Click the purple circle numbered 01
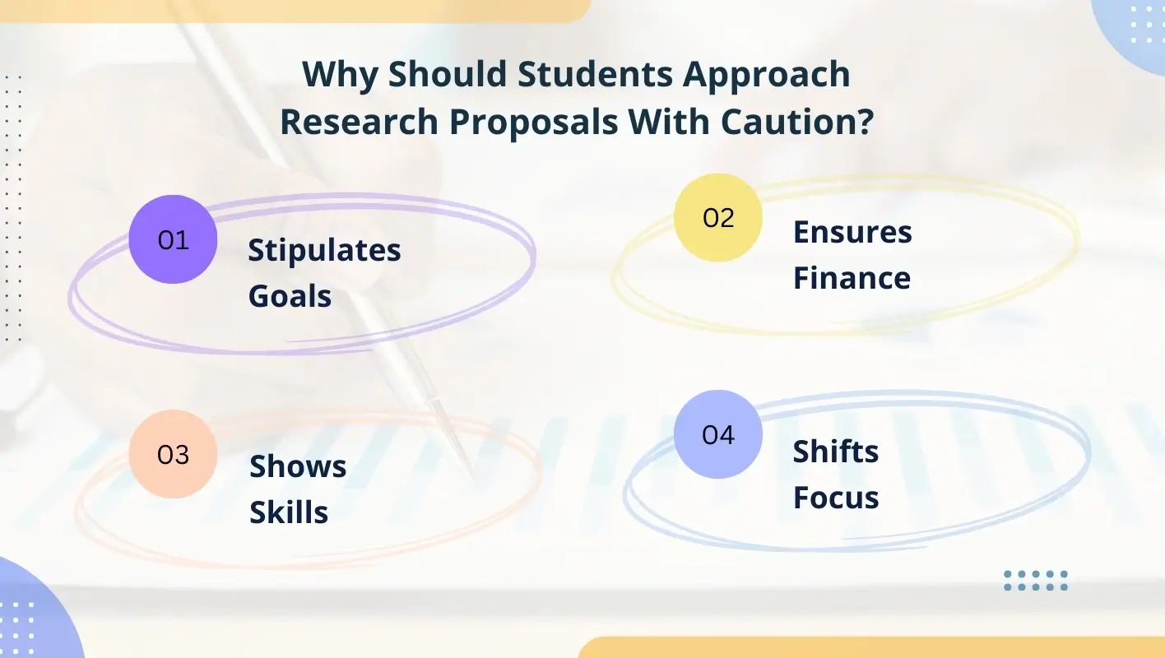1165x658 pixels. pos(173,239)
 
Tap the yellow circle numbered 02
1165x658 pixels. pos(717,218)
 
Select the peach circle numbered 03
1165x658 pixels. pos(173,454)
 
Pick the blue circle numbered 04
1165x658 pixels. pos(717,434)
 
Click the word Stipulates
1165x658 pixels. pos(324,250)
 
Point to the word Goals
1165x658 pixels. pos(290,296)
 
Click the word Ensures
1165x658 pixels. pos(852,233)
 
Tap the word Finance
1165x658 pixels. pos(852,278)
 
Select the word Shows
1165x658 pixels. pos(298,466)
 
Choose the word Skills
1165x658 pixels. pos(289,512)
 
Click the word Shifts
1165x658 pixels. pos(836,452)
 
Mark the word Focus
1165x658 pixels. pos(836,498)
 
